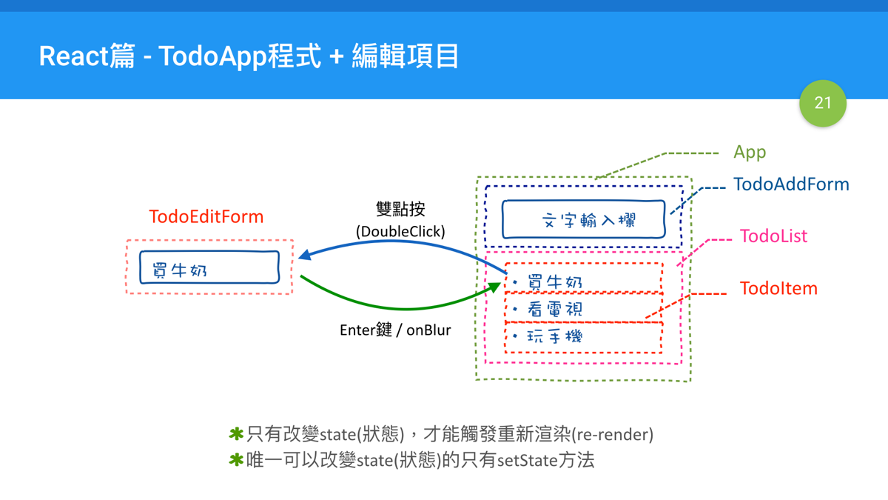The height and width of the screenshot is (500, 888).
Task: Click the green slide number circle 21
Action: pos(822,103)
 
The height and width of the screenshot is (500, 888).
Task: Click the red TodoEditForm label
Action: pos(206,217)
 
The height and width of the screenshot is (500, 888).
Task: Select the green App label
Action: pos(749,153)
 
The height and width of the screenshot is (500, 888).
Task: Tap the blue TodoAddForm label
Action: pos(790,184)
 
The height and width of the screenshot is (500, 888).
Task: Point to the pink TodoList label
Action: pos(773,237)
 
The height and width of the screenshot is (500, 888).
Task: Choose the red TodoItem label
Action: pos(778,289)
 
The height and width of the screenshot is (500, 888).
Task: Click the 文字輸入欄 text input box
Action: pos(583,220)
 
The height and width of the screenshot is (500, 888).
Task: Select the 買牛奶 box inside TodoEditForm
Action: pos(209,268)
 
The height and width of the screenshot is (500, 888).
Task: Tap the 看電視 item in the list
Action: pos(583,309)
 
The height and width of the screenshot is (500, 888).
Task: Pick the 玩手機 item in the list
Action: pos(583,337)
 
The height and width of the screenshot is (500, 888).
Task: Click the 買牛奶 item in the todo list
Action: pos(583,281)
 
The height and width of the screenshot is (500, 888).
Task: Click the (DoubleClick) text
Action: pos(400,232)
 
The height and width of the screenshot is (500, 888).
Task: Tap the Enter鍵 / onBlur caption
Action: pos(395,330)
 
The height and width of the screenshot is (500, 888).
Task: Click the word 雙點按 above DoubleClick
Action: pos(400,209)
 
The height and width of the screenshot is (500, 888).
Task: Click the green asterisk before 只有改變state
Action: pos(236,434)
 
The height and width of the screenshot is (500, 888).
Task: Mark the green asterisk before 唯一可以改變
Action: pos(236,460)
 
